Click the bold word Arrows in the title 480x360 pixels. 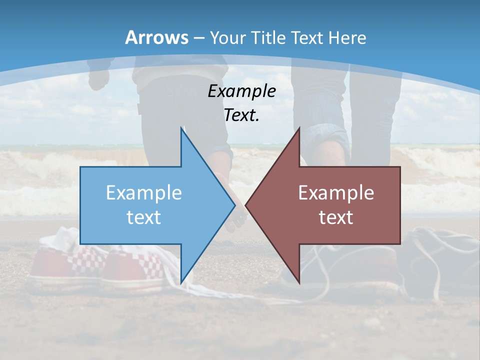coord(156,37)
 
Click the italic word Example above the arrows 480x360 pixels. coord(242,91)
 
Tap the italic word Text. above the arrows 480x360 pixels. coord(242,115)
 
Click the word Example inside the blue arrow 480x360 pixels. coord(144,192)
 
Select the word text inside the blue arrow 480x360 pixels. coord(144,217)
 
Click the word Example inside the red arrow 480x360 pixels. coord(336,192)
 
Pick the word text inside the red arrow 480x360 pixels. coord(336,217)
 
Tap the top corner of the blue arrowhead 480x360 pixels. coord(181,129)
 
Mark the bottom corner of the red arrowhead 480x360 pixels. coord(299,282)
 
